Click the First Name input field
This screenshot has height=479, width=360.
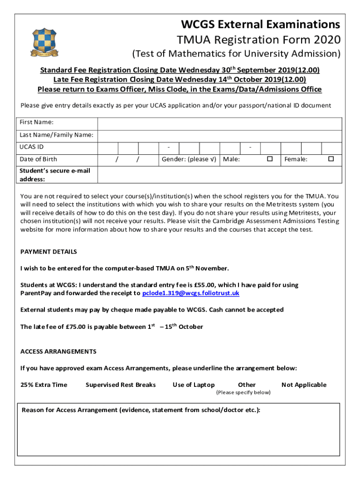tap(219, 123)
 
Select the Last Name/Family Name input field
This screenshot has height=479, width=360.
tap(219, 136)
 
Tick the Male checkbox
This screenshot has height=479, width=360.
tap(270, 159)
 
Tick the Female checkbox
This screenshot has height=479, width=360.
tap(331, 159)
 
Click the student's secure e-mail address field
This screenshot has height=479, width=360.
tap(219, 174)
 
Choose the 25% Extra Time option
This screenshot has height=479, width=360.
tap(44, 385)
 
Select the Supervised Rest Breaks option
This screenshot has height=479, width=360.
tap(121, 385)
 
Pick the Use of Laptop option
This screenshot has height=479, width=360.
tap(194, 385)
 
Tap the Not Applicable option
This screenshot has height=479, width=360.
tap(304, 385)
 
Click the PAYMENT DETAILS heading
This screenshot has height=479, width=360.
tap(49, 252)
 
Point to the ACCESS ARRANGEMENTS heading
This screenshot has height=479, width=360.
tap(58, 351)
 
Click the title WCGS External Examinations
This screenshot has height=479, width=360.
tap(260, 24)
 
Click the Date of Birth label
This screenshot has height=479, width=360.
tap(38, 160)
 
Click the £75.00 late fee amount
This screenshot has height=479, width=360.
tap(72, 327)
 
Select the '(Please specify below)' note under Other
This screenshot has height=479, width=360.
tap(243, 392)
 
